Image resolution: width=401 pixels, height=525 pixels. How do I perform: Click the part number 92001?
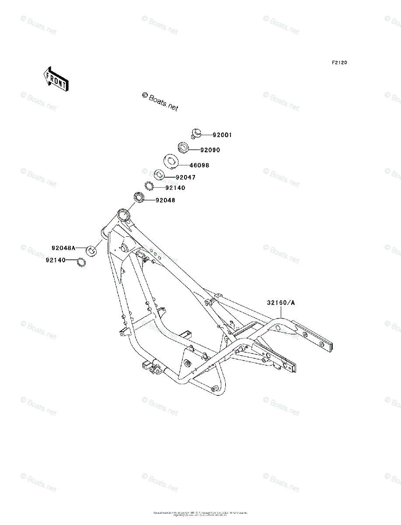222,135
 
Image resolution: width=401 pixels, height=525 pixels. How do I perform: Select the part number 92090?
210,150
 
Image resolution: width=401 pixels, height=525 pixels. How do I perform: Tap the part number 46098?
199,165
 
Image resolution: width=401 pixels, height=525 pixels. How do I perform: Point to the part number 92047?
185,178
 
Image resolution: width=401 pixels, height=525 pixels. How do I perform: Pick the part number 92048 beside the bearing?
165,200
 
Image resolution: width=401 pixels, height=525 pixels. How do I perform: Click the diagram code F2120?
339,63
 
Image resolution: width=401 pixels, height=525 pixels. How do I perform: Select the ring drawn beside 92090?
184,147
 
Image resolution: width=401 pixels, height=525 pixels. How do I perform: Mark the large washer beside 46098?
170,161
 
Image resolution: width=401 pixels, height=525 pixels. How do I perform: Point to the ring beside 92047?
159,175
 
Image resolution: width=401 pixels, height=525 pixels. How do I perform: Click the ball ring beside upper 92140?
149,186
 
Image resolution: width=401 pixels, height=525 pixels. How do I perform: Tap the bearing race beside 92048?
139,198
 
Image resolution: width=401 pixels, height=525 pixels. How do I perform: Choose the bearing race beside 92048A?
91,251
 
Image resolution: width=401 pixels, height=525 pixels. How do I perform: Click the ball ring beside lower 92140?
80,263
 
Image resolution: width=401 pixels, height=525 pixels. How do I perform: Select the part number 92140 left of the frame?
55,260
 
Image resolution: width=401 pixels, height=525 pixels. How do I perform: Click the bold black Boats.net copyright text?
160,102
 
